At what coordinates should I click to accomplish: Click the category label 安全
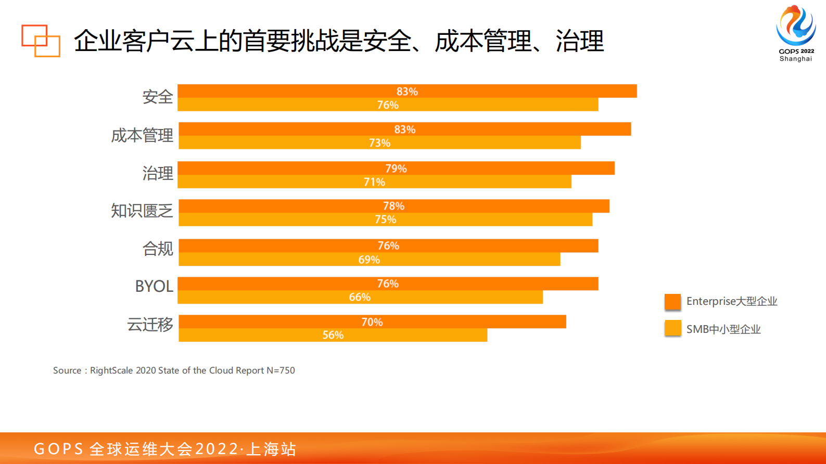click(x=157, y=97)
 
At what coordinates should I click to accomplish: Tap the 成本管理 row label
click(x=142, y=136)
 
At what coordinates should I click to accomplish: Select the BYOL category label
click(x=154, y=286)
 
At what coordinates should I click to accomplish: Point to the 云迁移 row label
click(x=150, y=325)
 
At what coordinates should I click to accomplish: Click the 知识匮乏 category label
click(x=142, y=211)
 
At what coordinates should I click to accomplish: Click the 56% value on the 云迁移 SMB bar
click(x=333, y=335)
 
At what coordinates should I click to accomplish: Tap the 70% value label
click(x=372, y=322)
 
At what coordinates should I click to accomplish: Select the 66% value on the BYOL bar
click(x=360, y=297)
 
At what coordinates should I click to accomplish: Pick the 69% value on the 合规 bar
click(x=369, y=260)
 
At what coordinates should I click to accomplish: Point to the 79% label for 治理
click(x=396, y=169)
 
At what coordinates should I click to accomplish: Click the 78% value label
click(x=393, y=206)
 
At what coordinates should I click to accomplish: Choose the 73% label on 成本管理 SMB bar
click(x=379, y=143)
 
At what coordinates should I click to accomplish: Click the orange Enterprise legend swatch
click(x=672, y=302)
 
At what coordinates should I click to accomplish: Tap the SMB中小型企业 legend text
click(x=723, y=329)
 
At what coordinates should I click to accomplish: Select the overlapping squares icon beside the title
click(x=41, y=41)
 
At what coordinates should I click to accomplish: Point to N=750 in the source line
click(x=281, y=370)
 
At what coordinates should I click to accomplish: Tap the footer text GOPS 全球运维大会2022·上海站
click(x=165, y=449)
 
